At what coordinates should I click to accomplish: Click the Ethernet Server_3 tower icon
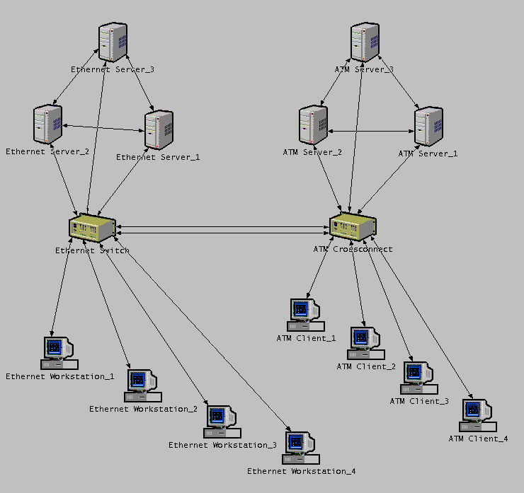113,43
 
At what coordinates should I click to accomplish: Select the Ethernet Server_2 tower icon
48,125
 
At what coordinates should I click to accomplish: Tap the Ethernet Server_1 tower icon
159,130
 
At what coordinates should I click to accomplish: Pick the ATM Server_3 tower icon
365,42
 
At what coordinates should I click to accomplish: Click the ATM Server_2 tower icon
313,127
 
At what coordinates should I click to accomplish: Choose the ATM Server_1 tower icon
428,127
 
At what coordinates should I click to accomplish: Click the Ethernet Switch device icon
92,228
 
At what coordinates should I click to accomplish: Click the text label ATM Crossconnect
353,249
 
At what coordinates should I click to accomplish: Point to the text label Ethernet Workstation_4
301,471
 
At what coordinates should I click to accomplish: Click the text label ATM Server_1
428,153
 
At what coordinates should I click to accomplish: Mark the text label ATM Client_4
478,439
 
